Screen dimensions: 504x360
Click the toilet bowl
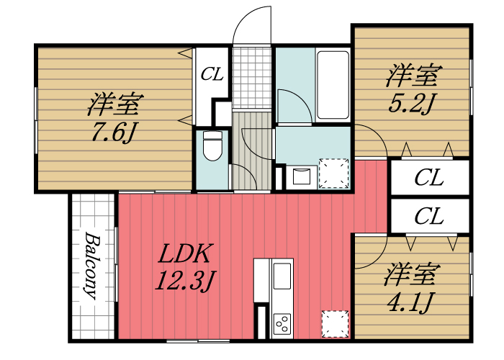(212, 148)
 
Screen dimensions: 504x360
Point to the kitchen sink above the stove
(282, 276)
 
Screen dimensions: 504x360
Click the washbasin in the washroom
(300, 175)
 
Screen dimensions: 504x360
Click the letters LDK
(184, 254)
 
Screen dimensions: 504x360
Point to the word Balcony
(93, 265)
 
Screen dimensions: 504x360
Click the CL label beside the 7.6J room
(212, 73)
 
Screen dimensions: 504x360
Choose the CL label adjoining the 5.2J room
(429, 178)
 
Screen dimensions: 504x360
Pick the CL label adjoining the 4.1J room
(429, 215)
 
